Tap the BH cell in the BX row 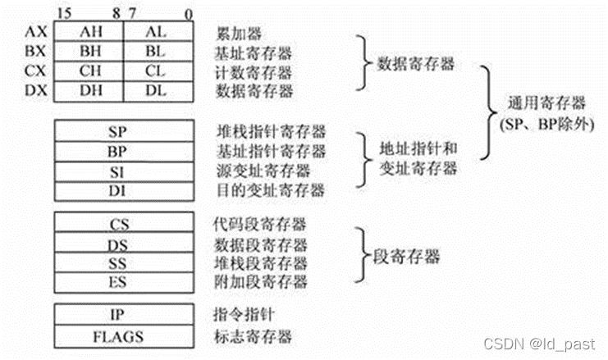click(90, 51)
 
